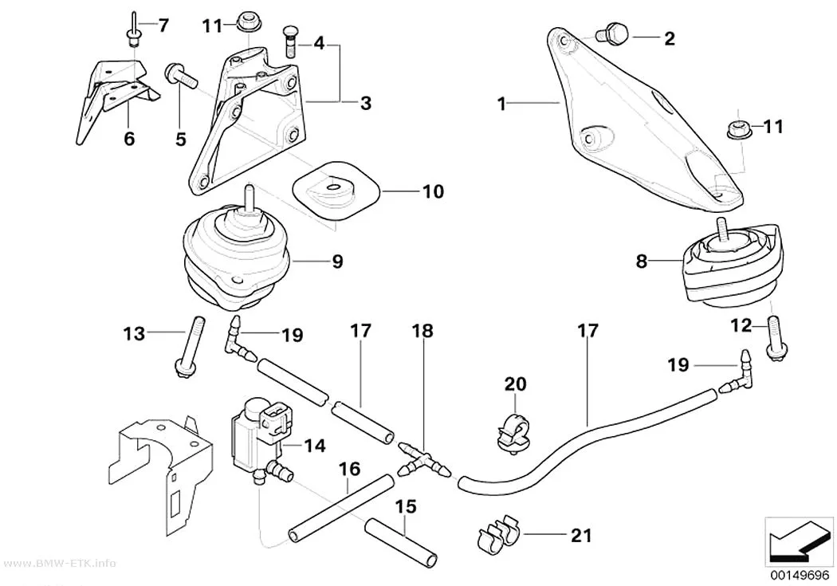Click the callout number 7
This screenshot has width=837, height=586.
coord(163,25)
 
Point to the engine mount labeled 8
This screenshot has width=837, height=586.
coord(731,262)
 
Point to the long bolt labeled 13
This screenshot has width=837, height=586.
coord(190,348)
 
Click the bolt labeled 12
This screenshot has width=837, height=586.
coord(775,338)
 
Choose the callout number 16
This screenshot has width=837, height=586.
coord(350,470)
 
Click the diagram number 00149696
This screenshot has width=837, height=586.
coord(799,576)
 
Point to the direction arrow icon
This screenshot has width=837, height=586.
coord(798,541)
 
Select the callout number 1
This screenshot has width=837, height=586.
coord(501,104)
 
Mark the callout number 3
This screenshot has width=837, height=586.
coord(366,103)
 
